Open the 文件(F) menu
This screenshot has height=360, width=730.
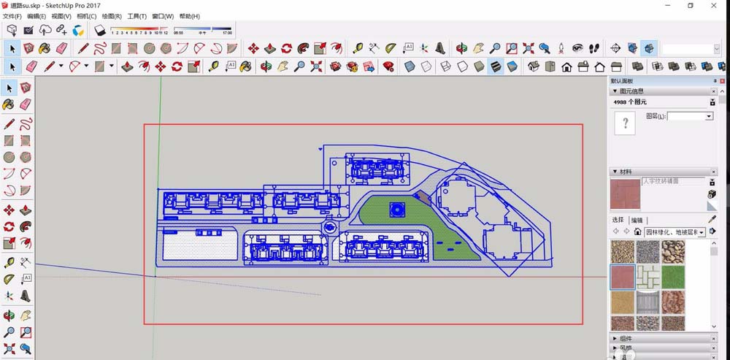pos(12,16)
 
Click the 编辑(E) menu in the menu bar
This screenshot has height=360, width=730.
pos(36,16)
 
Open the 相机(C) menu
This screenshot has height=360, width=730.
pos(86,16)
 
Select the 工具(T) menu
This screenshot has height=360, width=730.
pos(137,16)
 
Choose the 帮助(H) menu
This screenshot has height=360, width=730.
pos(189,16)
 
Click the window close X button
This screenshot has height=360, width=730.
pos(715,5)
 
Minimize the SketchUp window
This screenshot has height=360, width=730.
pos(666,5)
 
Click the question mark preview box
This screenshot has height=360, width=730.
pos(625,124)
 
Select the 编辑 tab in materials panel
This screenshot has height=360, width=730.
pos(637,220)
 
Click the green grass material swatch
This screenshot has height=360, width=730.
pos(672,277)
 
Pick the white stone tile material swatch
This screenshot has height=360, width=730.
pos(648,277)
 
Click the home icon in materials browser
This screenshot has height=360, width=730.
pos(637,232)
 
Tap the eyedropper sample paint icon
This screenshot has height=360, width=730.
pos(712,219)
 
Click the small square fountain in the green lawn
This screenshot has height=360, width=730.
pos(397,209)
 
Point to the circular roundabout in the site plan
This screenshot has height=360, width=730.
pos(329,227)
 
